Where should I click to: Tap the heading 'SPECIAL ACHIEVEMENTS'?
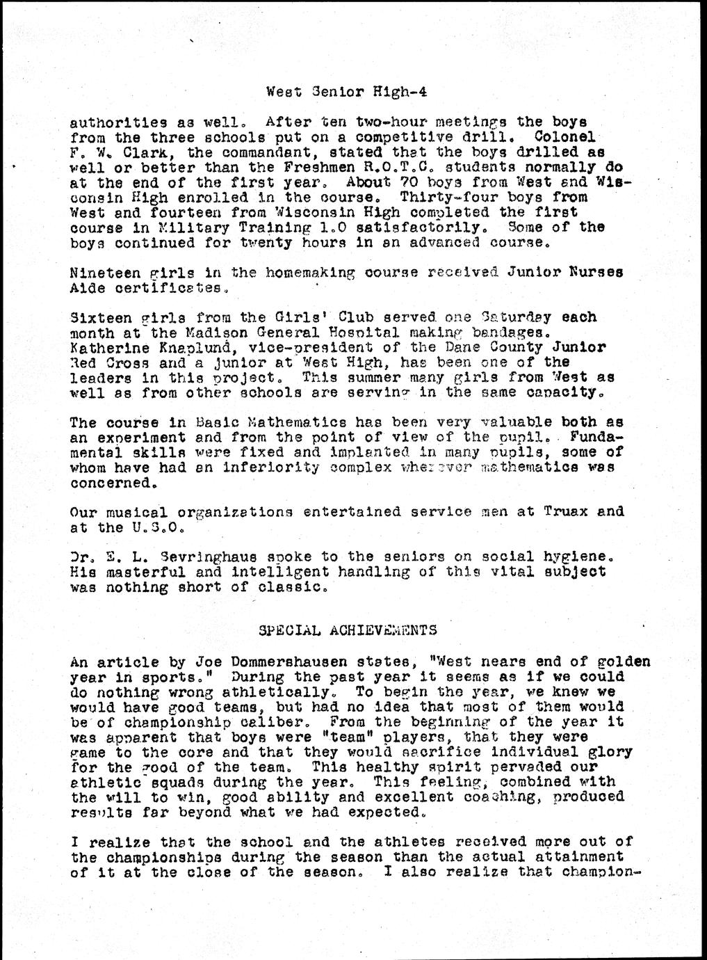click(x=348, y=630)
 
